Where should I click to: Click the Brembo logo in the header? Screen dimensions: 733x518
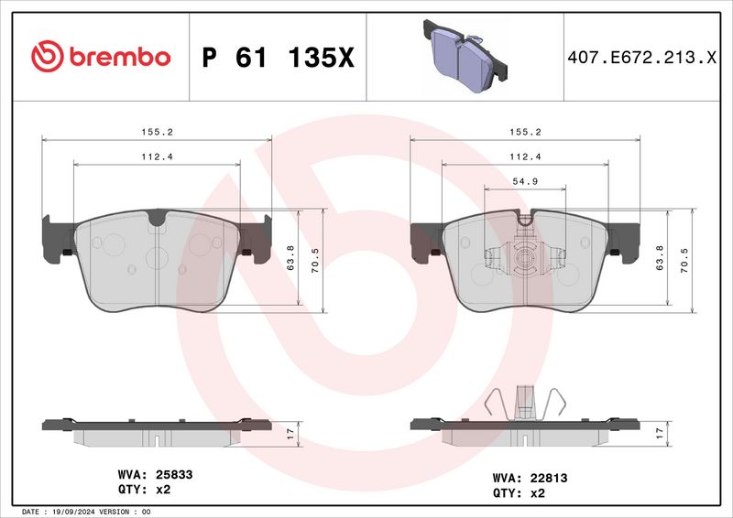[101, 57]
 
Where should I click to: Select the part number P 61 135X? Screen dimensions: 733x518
[279, 58]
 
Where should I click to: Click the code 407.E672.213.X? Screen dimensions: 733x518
[641, 58]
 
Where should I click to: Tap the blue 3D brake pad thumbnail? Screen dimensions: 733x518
[465, 56]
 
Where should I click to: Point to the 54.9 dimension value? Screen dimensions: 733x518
[525, 181]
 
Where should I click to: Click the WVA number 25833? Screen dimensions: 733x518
[174, 475]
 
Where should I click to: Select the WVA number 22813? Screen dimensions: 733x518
[549, 478]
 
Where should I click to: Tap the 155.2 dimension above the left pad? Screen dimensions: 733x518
[157, 132]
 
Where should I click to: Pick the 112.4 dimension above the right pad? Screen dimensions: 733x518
[525, 156]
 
